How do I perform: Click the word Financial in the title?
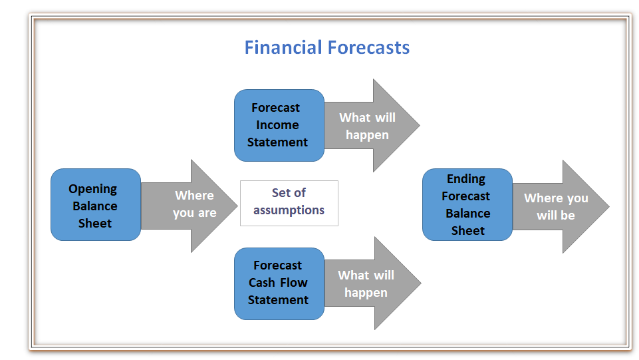(283, 47)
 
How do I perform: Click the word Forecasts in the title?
(369, 47)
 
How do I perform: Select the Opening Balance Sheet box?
(96, 205)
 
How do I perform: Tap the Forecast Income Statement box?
(279, 126)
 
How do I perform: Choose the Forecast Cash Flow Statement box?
(279, 283)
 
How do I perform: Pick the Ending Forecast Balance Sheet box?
(467, 205)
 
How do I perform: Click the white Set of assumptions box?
(289, 203)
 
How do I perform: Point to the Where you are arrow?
(190, 206)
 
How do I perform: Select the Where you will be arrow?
(561, 207)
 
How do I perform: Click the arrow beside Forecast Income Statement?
(372, 126)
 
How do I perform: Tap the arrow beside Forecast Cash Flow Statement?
(373, 283)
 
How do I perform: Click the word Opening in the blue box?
(93, 189)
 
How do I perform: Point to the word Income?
(277, 124)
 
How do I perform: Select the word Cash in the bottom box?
(262, 283)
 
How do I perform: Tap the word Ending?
(466, 179)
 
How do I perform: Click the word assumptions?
(289, 210)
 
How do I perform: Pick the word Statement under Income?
(277, 142)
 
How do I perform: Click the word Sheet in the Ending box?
(468, 231)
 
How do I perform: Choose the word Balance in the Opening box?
(95, 206)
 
